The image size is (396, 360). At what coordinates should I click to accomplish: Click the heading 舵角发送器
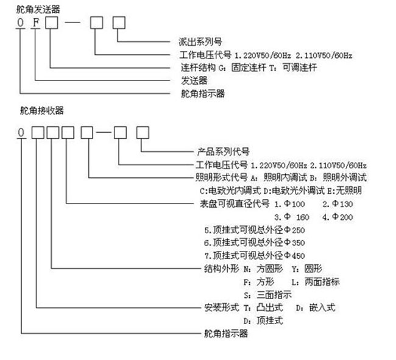coord(40,8)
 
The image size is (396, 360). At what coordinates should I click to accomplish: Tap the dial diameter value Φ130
coord(337,203)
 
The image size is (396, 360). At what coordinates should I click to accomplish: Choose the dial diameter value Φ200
coord(338,216)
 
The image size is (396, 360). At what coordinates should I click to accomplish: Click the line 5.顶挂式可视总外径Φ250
coord(254,230)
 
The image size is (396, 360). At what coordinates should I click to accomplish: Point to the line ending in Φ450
coord(254,255)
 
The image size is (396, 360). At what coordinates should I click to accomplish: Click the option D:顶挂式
coord(264,320)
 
